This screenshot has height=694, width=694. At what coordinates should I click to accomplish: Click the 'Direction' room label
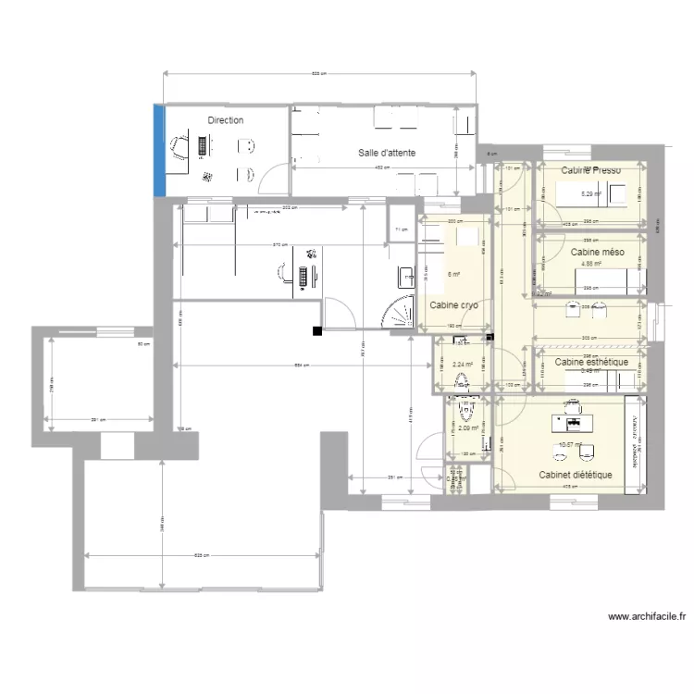(226, 120)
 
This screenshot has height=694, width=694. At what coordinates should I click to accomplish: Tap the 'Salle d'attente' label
(387, 153)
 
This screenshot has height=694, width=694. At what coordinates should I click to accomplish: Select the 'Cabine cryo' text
(453, 304)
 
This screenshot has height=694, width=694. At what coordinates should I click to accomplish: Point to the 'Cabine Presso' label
(591, 170)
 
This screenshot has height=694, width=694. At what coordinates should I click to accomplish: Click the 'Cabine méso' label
(597, 252)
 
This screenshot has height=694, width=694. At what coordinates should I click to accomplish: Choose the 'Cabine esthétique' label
(591, 362)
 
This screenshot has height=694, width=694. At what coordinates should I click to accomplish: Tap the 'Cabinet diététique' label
(576, 475)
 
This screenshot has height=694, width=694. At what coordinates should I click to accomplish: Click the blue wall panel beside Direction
(159, 151)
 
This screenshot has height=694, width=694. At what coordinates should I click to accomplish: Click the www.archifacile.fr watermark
(647, 616)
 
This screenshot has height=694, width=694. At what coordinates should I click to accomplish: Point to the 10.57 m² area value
(570, 445)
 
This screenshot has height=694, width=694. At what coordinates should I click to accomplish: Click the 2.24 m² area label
(463, 365)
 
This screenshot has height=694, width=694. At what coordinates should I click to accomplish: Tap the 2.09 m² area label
(467, 428)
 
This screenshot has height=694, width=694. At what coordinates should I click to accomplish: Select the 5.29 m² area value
(590, 194)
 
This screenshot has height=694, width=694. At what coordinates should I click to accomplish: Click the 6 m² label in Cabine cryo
(453, 274)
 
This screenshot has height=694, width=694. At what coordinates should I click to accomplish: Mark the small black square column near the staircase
(317, 330)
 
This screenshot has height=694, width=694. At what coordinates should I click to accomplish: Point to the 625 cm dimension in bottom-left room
(202, 554)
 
